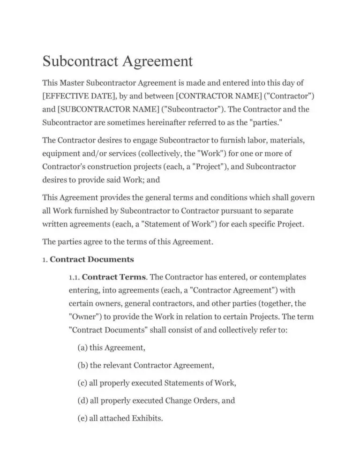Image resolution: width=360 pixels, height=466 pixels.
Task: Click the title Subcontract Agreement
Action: [118, 62]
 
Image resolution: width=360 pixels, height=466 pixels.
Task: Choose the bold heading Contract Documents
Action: [92, 259]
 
